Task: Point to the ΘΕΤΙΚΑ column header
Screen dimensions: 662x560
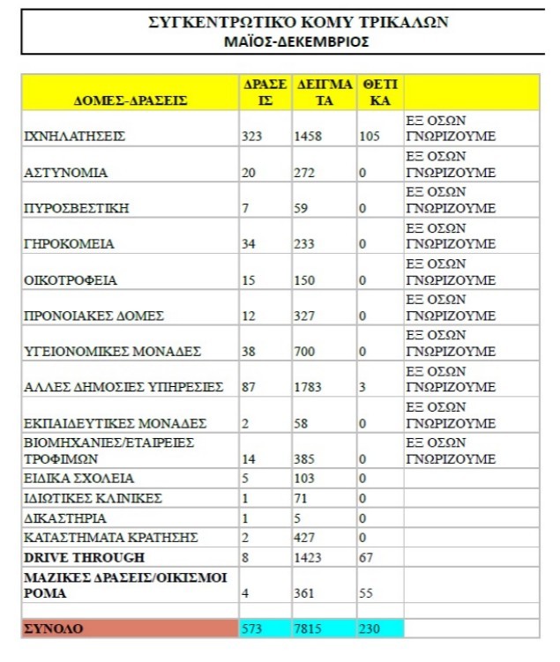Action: coord(380,93)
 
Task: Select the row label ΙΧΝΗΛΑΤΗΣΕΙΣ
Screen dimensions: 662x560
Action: coord(75,137)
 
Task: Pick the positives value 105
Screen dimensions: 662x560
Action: coord(369,137)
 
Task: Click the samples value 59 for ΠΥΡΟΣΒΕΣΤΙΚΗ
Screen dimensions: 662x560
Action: coord(302,208)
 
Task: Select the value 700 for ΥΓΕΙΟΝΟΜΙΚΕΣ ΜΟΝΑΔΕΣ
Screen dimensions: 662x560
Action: coord(304,352)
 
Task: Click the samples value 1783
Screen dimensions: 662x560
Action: coord(309,387)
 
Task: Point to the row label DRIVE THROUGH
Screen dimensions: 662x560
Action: coord(84,558)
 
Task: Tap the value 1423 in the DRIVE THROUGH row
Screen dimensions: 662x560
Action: coord(309,558)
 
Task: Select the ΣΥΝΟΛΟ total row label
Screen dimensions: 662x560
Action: coord(53,628)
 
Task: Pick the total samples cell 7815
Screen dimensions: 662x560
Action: coord(310,628)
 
